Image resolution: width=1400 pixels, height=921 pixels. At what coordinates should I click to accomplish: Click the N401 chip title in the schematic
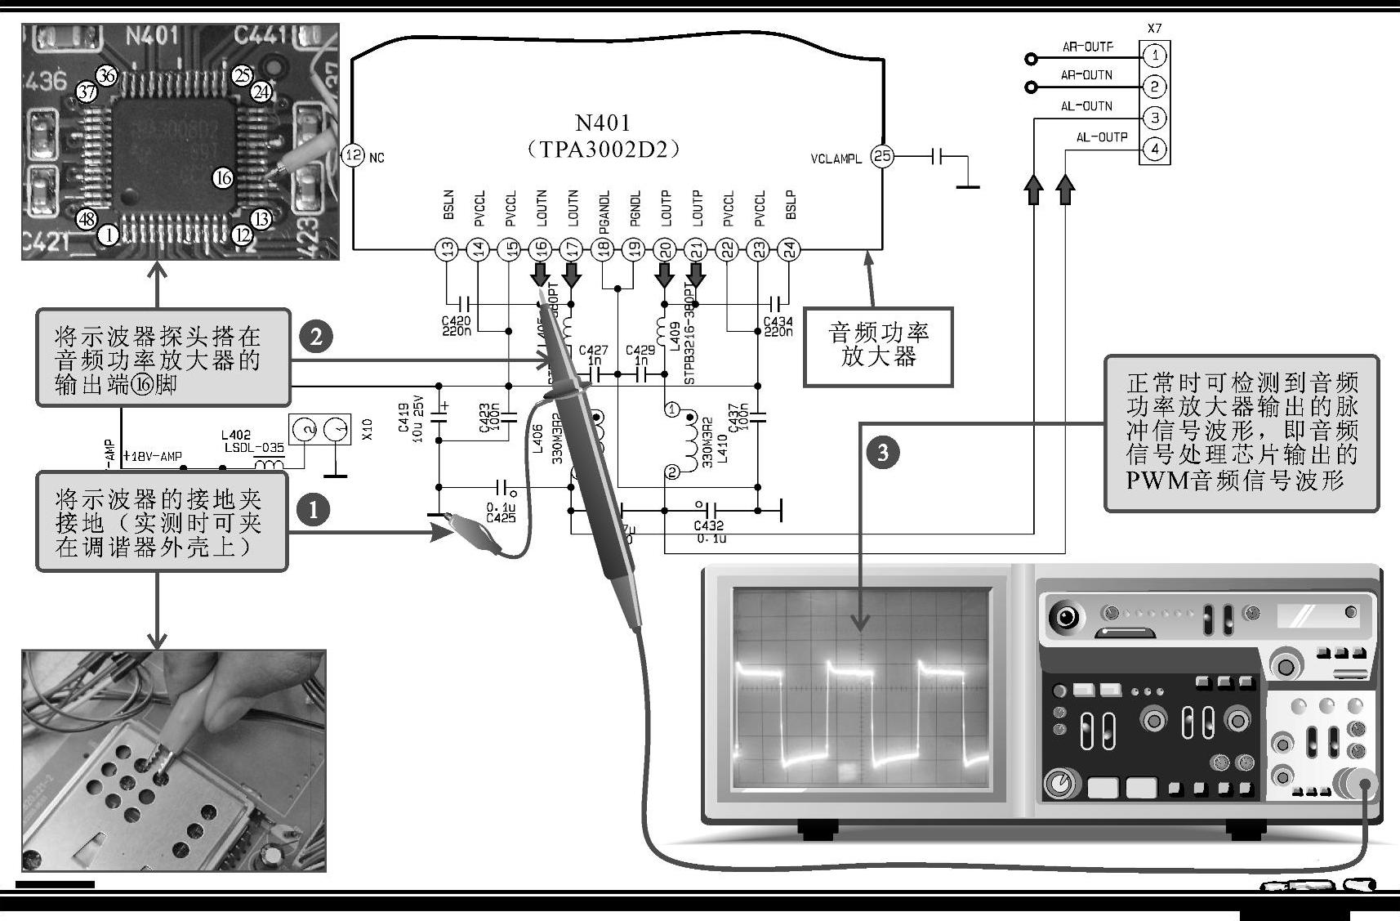click(603, 123)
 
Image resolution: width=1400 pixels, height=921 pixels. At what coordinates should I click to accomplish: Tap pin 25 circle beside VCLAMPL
click(882, 156)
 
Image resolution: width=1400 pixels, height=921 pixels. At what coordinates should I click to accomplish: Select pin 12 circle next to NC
click(352, 155)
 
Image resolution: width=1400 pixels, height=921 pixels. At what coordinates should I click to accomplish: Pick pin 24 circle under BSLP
click(787, 250)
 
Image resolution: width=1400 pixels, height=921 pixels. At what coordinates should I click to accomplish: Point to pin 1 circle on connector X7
click(1154, 56)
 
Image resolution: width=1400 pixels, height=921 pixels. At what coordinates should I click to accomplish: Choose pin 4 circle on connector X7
click(1154, 149)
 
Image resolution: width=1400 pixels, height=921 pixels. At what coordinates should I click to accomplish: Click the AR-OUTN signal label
click(1086, 75)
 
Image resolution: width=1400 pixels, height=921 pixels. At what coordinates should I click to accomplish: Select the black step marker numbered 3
click(882, 452)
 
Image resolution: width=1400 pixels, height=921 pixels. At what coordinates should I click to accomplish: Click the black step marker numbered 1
click(313, 510)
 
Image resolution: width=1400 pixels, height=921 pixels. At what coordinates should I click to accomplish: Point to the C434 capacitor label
click(778, 322)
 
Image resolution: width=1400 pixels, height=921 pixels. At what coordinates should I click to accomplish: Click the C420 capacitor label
click(456, 322)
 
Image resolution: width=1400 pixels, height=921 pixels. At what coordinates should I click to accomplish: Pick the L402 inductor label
click(236, 435)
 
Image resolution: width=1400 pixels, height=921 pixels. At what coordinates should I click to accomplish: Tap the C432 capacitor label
click(708, 526)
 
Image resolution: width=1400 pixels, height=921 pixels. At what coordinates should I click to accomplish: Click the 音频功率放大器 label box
click(878, 346)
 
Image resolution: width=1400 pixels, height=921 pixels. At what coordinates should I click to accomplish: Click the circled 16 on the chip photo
click(223, 177)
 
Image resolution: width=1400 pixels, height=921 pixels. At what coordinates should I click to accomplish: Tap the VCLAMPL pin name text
click(836, 159)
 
